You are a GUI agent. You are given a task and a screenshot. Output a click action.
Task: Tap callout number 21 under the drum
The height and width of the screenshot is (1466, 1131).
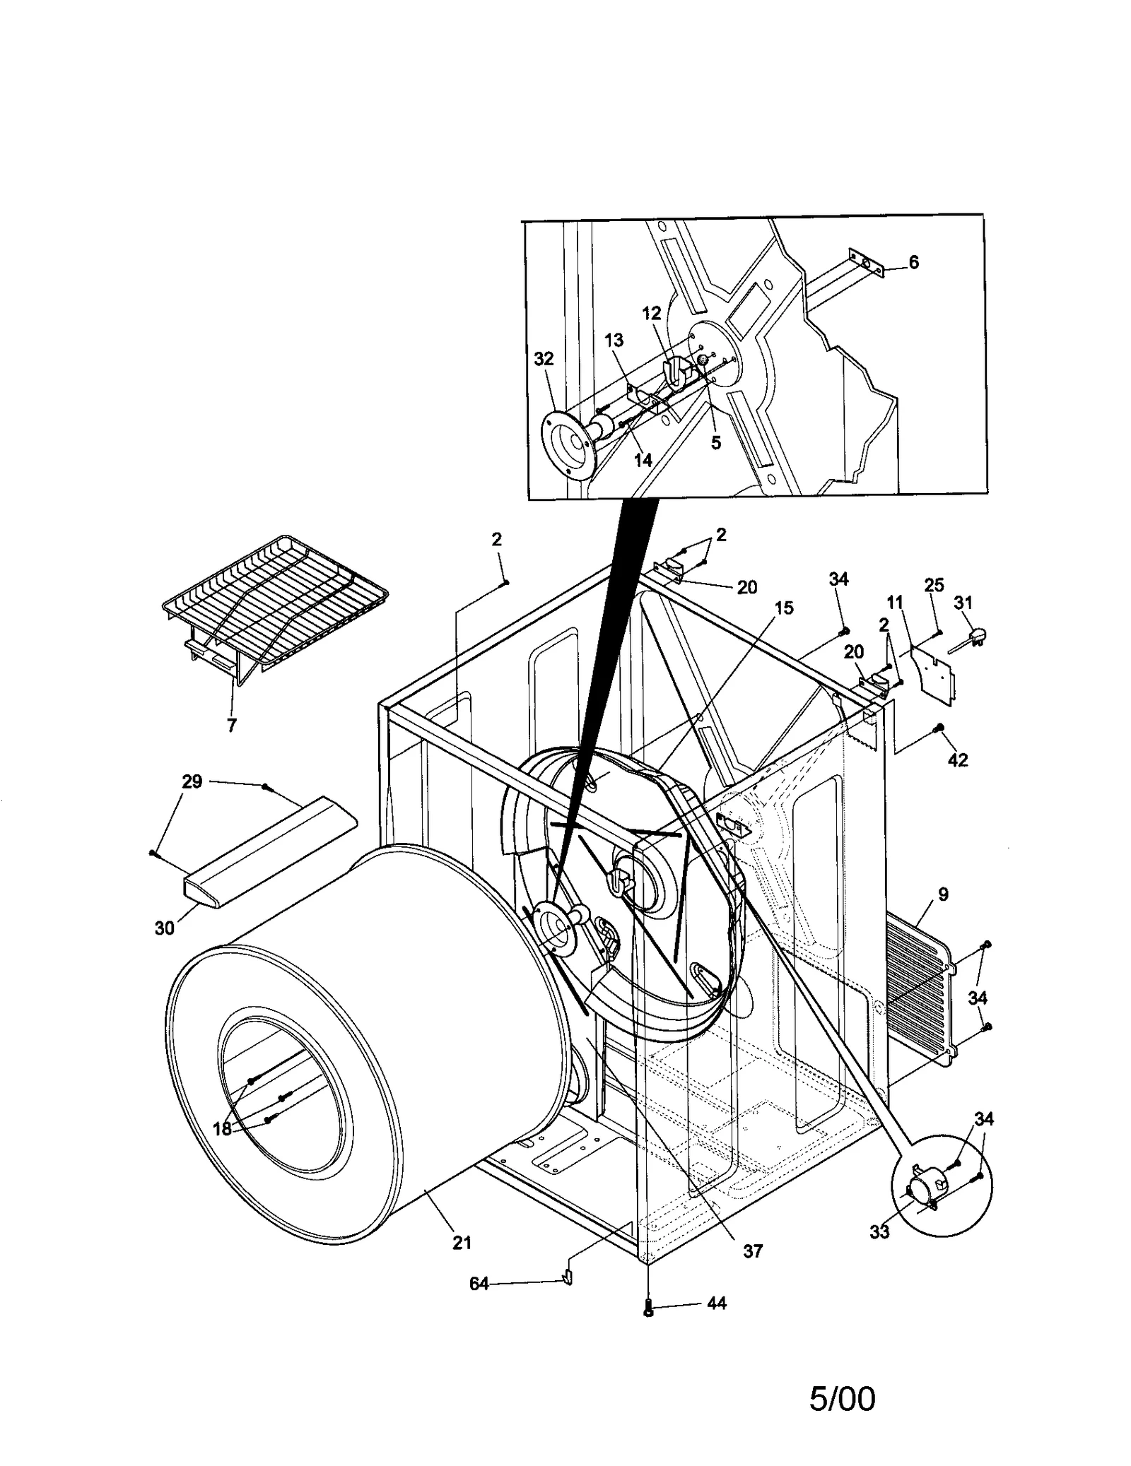pyautogui.click(x=462, y=1242)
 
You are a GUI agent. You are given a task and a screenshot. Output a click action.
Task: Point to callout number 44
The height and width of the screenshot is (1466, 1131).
pyautogui.click(x=716, y=1303)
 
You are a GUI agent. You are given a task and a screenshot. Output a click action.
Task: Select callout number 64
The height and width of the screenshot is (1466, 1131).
pyautogui.click(x=479, y=1284)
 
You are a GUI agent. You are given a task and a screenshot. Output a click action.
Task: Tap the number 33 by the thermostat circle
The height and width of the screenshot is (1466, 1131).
pyautogui.click(x=879, y=1231)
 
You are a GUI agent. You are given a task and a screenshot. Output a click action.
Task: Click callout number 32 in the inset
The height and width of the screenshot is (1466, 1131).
pyautogui.click(x=543, y=359)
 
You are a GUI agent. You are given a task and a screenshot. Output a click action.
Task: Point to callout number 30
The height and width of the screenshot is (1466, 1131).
pyautogui.click(x=164, y=928)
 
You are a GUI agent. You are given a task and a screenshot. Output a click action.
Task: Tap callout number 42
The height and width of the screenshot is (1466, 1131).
pyautogui.click(x=957, y=760)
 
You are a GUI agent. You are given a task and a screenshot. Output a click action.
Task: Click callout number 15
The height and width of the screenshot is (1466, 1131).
pyautogui.click(x=783, y=608)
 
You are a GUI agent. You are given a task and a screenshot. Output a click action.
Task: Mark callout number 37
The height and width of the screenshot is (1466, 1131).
pyautogui.click(x=753, y=1251)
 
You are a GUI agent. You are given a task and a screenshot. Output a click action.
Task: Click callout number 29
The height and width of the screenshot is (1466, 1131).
pyautogui.click(x=192, y=781)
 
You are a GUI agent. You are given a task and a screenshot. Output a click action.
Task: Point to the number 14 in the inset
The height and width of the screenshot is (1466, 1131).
pyautogui.click(x=643, y=460)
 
